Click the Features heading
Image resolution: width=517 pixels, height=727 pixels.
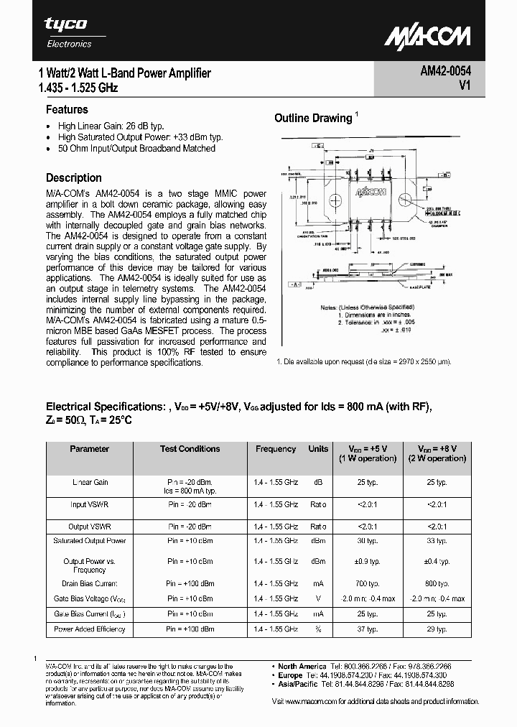[67, 110]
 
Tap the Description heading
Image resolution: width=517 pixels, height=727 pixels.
[74, 177]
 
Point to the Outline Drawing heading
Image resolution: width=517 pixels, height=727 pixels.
[313, 119]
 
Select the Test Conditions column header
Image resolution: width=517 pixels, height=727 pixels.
[190, 449]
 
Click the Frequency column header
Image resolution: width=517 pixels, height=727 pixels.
[276, 449]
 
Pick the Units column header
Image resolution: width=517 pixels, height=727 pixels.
[318, 449]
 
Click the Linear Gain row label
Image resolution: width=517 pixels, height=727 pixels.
[90, 482]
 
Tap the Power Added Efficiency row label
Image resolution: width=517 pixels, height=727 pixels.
[90, 629]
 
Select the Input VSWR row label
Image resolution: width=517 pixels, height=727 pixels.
[90, 505]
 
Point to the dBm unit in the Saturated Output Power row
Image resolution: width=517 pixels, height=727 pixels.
[318, 540]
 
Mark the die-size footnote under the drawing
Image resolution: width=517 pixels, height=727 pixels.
[363, 361]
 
